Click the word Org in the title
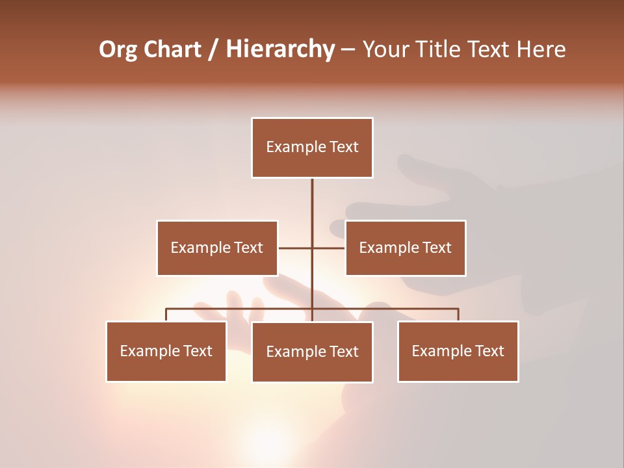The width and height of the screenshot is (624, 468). [119, 49]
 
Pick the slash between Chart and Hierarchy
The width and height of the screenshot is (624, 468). [213, 50]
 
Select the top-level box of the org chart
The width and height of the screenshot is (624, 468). [312, 148]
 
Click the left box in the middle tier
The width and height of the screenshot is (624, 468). [217, 248]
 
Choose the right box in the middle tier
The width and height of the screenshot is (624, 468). [405, 248]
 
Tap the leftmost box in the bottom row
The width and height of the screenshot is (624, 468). [166, 351]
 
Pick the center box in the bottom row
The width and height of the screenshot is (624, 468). [312, 352]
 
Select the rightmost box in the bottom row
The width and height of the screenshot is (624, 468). [458, 351]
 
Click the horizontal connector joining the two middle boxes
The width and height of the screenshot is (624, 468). [296, 248]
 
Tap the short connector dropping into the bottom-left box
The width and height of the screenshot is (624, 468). [166, 315]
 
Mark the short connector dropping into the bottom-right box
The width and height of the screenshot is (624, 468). [458, 315]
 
